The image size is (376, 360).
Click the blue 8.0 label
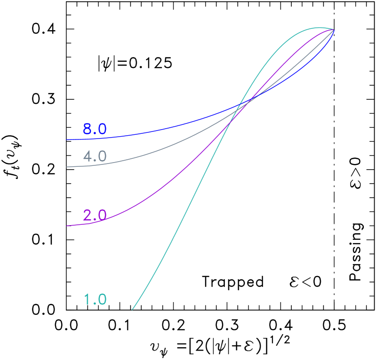coord(95,129)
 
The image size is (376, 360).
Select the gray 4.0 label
coord(95,156)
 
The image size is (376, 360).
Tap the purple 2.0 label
coord(95,215)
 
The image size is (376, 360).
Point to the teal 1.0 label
coord(95,300)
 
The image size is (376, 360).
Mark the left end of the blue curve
coord(66,139)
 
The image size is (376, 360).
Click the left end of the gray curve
coord(66,167)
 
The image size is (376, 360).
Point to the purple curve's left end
coord(66,226)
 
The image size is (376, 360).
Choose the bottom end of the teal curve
coord(132,310)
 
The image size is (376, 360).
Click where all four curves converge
coord(334,30)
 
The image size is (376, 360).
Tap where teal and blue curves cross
coord(240,104)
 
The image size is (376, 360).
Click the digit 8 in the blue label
coord(88,129)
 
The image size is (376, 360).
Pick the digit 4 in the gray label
coord(88,156)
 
